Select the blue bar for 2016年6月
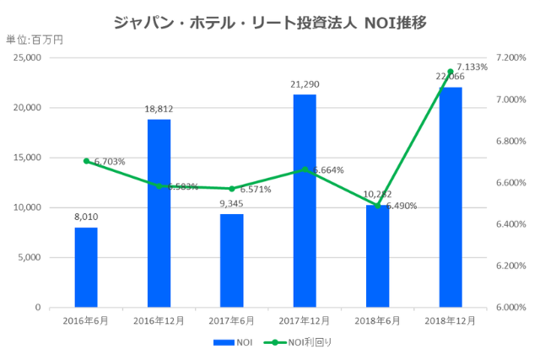click(x=86, y=267)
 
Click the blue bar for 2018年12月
click(x=451, y=197)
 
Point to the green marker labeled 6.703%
click(x=86, y=160)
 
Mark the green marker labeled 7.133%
click(x=451, y=72)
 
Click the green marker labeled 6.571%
click(x=232, y=188)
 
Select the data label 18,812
click(x=159, y=109)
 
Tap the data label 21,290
click(x=305, y=84)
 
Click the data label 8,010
click(x=86, y=217)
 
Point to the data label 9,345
click(x=232, y=203)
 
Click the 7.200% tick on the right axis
click(x=511, y=58)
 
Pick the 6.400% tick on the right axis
click(x=511, y=224)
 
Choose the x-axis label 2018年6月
click(x=378, y=320)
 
